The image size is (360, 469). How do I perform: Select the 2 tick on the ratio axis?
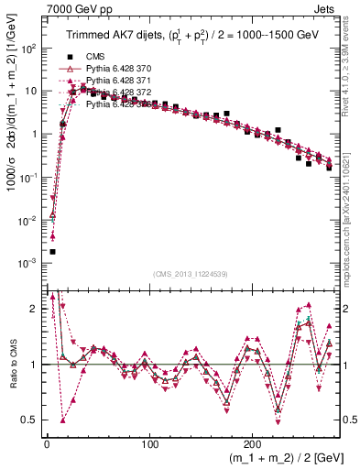coord(35,309)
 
